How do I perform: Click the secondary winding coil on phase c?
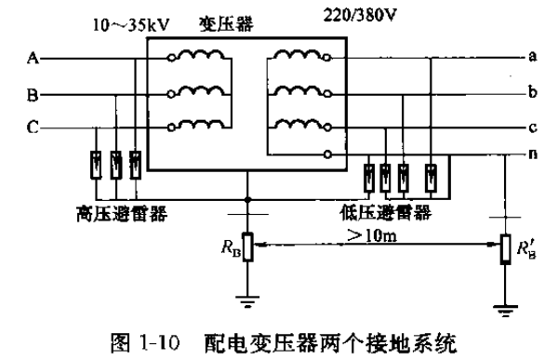[x=297, y=127]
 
